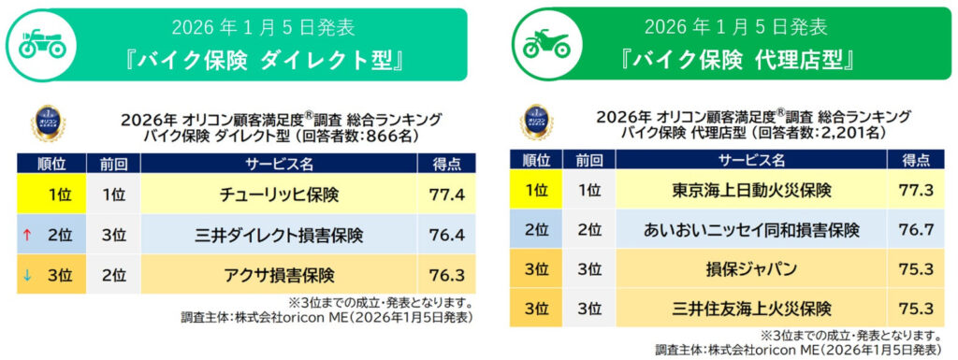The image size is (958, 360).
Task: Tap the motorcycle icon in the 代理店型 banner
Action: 546,44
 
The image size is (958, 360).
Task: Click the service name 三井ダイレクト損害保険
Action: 278,235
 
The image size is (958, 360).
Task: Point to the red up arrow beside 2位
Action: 27,235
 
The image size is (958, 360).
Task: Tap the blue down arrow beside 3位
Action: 27,275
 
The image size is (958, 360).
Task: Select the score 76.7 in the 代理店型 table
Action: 919,230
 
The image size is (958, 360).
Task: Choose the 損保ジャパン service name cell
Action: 751,269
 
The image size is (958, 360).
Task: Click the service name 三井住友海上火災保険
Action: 751,309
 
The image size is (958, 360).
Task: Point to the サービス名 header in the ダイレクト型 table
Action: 278,163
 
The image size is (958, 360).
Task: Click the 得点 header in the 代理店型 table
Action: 918,160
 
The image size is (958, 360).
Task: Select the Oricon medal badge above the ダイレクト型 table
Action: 49,122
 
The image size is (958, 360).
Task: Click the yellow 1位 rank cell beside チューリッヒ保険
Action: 51,195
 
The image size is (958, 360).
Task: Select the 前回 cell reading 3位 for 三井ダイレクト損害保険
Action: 113,235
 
